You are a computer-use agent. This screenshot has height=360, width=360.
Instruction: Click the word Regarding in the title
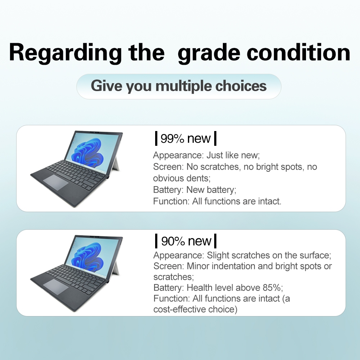(x=65, y=54)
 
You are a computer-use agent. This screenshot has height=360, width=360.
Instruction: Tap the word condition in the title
(x=298, y=53)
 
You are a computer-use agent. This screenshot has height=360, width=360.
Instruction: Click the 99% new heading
(x=185, y=139)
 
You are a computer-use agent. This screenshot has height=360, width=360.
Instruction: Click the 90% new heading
(x=186, y=241)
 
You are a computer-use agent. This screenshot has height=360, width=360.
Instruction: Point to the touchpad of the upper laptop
(x=56, y=182)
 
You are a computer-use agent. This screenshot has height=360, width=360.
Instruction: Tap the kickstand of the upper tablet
(x=116, y=162)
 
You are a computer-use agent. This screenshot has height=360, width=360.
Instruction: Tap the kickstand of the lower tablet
(x=116, y=266)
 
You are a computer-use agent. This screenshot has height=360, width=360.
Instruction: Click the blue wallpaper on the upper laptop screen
(x=88, y=152)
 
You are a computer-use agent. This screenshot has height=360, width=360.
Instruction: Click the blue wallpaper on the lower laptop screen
(x=88, y=256)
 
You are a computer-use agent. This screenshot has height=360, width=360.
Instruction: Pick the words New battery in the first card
(x=210, y=190)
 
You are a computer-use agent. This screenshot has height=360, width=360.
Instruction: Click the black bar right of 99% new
(x=215, y=139)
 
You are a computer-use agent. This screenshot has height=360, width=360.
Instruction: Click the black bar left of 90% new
(x=156, y=241)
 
